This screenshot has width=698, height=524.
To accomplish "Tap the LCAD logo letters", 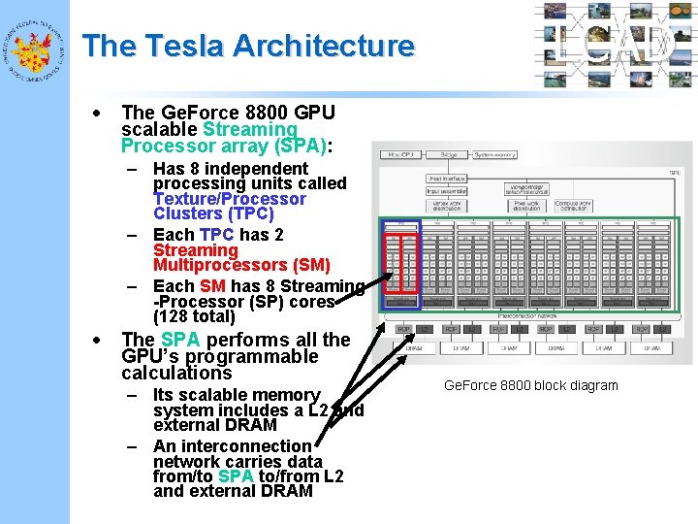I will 617,45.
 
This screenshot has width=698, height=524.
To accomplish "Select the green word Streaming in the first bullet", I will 250,129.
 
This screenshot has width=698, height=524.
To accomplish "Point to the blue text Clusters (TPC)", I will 213,213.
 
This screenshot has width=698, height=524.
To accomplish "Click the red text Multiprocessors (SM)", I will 241,265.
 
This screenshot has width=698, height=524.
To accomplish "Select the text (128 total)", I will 194,316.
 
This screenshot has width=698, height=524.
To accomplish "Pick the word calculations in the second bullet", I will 176,373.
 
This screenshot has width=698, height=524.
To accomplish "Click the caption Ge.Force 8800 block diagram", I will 530,385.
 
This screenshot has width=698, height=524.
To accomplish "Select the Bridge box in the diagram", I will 449,154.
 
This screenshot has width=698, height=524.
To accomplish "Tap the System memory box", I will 497,154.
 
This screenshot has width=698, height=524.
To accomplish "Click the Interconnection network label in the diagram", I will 525,315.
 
